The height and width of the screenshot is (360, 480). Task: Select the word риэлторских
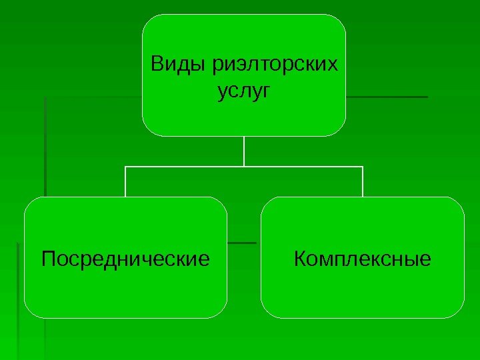273,66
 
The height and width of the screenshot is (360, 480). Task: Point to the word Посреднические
125,257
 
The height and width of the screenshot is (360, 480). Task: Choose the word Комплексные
363,257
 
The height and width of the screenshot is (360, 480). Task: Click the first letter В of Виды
157,65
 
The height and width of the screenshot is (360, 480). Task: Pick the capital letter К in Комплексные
299,257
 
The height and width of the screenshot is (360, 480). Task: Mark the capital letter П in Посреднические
47,257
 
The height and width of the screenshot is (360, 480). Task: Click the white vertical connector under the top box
244,151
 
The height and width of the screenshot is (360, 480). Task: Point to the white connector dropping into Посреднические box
125,181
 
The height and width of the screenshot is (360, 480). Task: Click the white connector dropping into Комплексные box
363,181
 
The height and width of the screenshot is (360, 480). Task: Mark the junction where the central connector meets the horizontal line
244,167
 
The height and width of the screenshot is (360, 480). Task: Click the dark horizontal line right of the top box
387,97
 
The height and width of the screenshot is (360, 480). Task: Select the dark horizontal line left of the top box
93,97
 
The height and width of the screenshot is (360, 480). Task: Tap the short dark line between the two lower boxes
243,242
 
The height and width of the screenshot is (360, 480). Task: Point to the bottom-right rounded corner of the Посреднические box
222,313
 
